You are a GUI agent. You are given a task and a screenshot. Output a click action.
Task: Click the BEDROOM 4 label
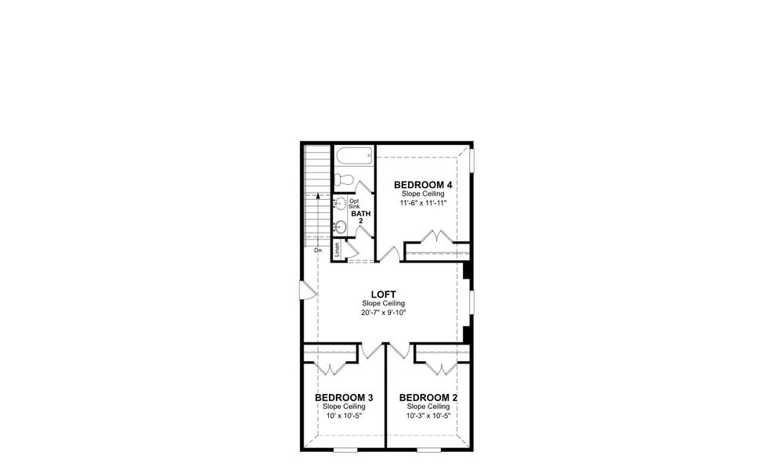click(x=423, y=185)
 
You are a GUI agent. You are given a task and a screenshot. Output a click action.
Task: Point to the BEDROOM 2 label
click(x=428, y=398)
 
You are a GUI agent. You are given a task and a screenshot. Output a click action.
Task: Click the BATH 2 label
click(x=360, y=217)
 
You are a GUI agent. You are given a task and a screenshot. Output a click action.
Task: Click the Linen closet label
click(x=338, y=251)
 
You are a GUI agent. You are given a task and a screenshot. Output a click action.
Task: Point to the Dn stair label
click(x=318, y=251)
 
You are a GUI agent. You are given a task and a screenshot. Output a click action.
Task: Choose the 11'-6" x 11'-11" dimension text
click(x=423, y=202)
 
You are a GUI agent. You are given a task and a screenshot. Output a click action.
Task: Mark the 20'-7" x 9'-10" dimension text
click(x=383, y=313)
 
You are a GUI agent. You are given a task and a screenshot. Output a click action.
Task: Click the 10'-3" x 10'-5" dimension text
click(x=428, y=416)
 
